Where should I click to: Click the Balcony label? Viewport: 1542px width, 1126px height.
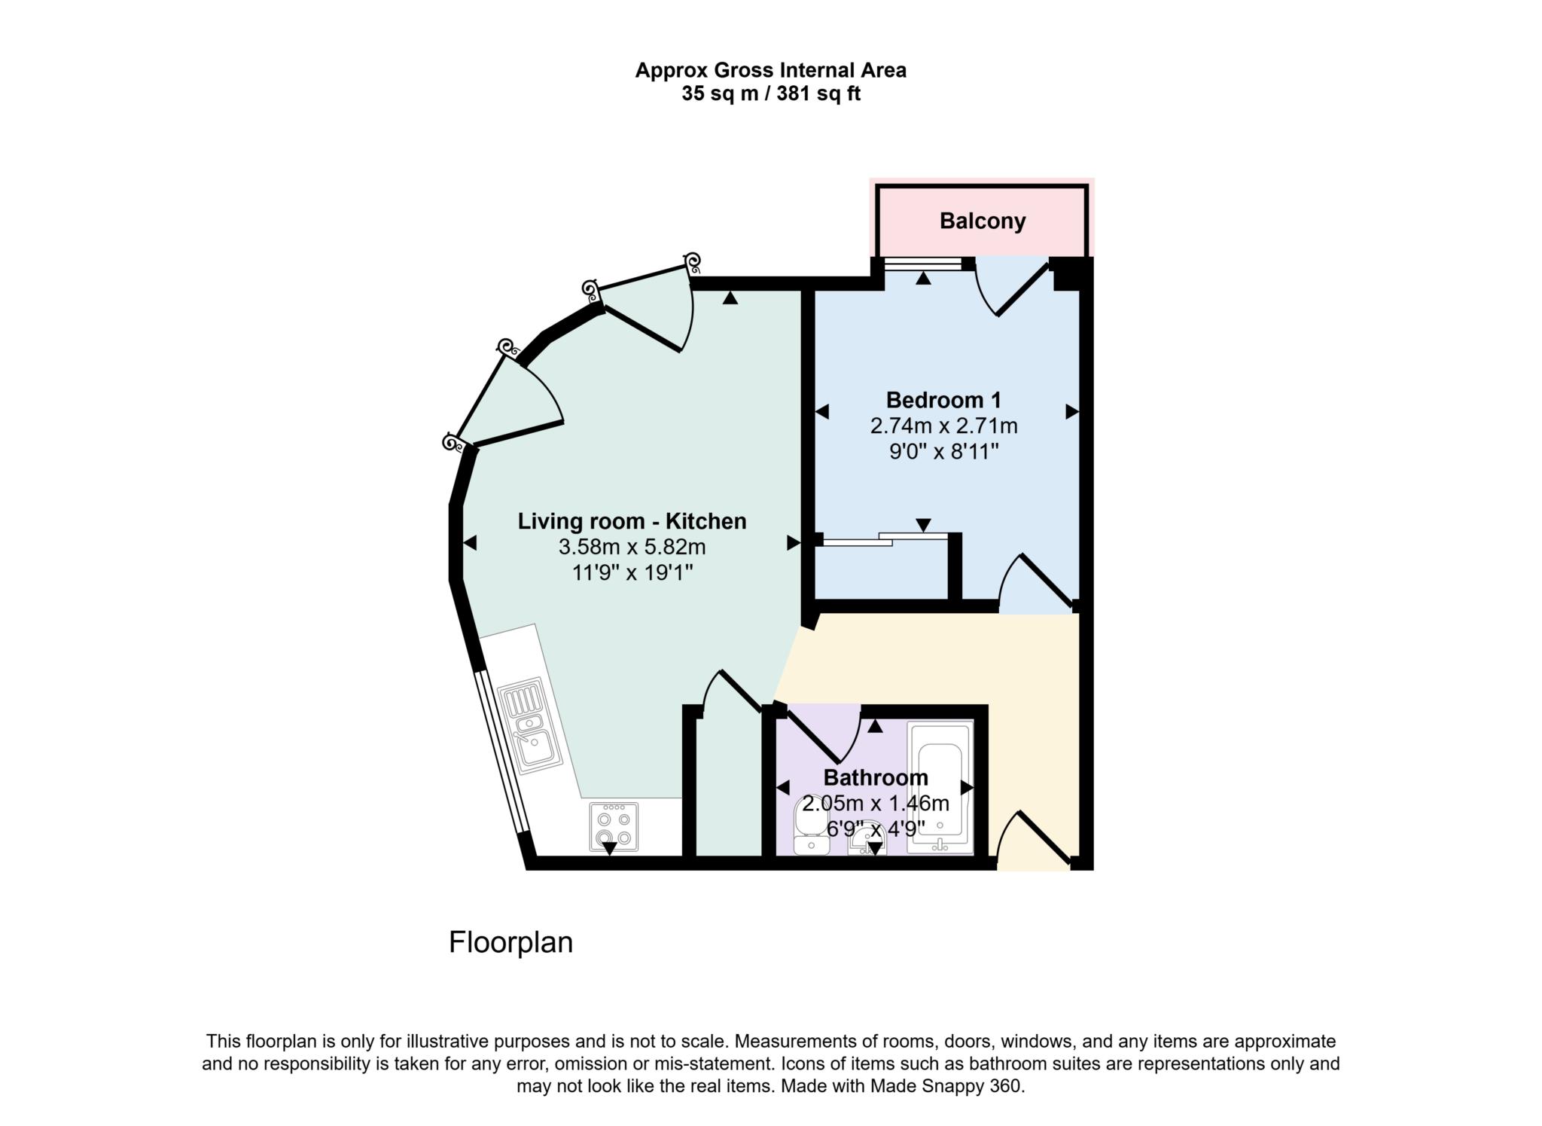coord(982,221)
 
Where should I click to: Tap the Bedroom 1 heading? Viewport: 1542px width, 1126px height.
coord(943,400)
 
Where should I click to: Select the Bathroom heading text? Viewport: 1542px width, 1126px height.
coord(875,777)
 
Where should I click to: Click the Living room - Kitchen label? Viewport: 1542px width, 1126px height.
coord(632,521)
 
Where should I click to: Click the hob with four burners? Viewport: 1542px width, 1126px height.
coord(614,826)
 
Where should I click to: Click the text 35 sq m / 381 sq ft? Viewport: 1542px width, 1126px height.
coord(770,94)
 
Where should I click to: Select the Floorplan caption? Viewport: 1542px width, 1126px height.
coord(510,942)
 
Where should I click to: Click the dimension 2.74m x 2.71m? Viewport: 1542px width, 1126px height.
coord(943,426)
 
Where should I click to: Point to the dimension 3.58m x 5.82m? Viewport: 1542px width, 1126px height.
coord(632,547)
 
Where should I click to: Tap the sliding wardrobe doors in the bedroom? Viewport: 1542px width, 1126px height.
coord(885,538)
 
